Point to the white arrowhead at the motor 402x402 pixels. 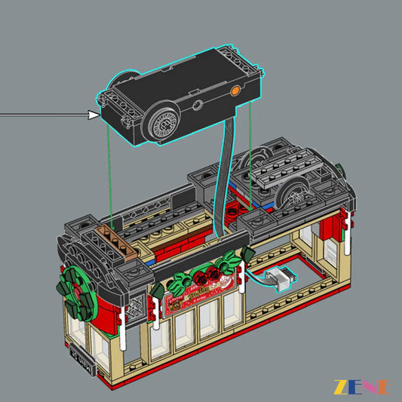94,115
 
